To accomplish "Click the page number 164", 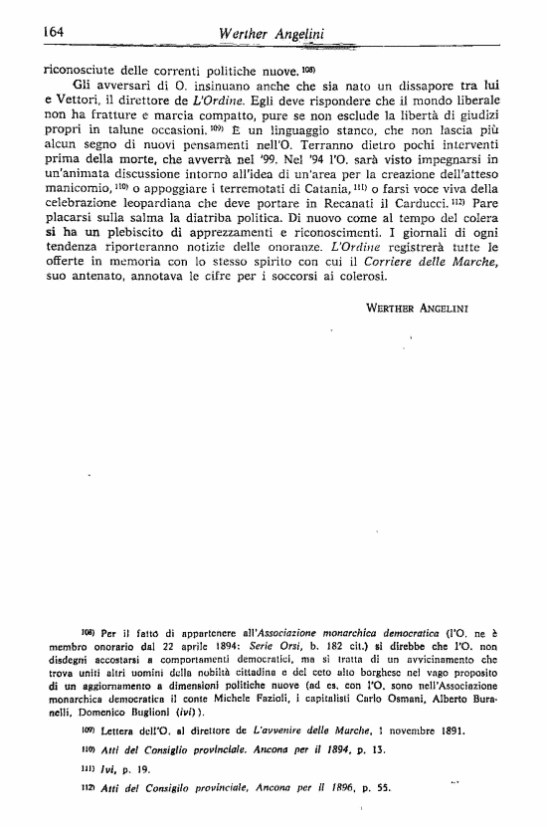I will pyautogui.click(x=54, y=31).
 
